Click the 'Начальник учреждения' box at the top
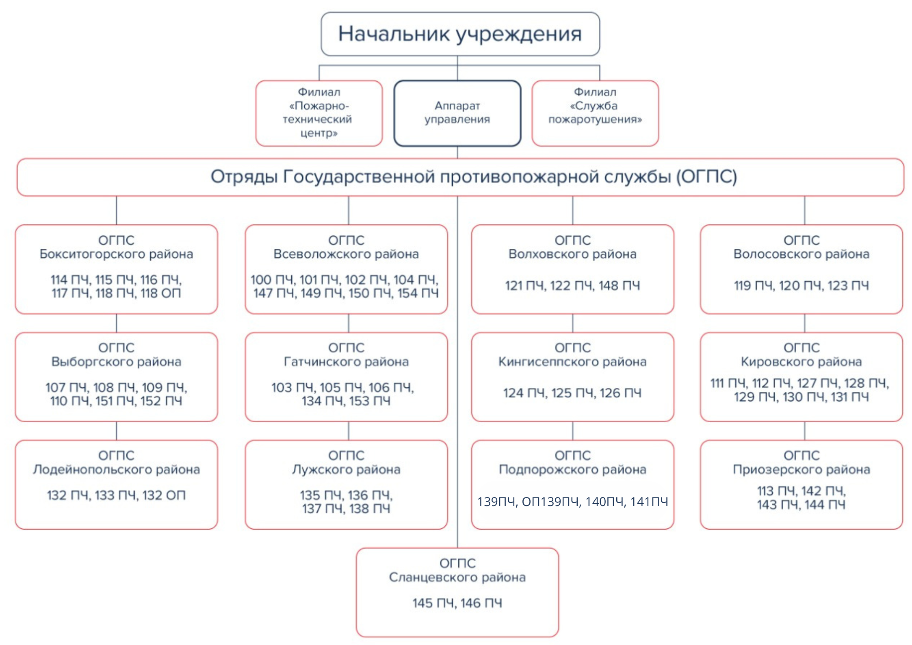pos(460,34)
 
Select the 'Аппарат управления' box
pos(457,113)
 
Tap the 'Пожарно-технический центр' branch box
pos(319,113)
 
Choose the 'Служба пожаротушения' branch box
pos(595,113)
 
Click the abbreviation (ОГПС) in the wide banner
pos(706,177)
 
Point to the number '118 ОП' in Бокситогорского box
pos(160,293)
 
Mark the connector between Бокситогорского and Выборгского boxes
pos(117,323)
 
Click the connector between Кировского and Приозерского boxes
pos(804,431)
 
